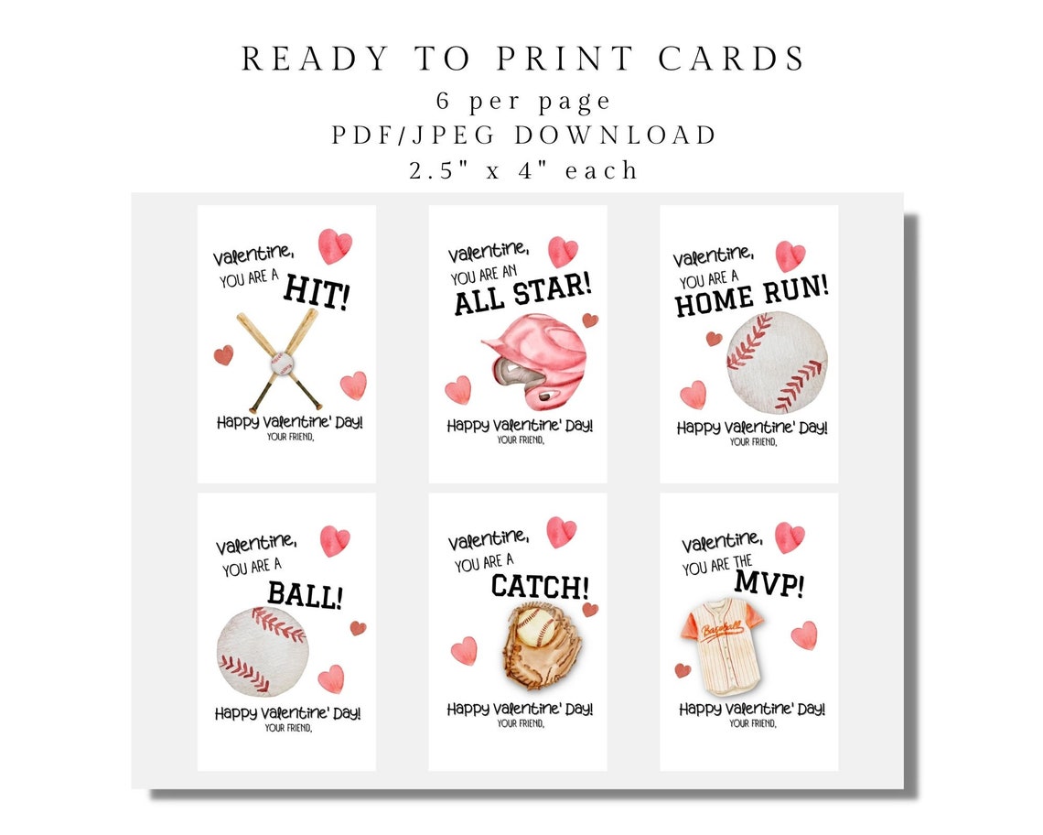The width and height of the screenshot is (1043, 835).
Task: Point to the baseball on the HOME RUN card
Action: [777, 362]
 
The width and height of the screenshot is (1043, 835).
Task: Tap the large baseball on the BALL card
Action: [263, 651]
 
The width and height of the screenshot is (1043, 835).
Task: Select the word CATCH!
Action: [540, 586]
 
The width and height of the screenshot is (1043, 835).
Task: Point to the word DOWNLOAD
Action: [617, 136]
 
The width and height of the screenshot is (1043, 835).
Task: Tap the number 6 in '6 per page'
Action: [445, 100]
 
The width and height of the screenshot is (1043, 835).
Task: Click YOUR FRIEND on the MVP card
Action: [753, 723]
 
